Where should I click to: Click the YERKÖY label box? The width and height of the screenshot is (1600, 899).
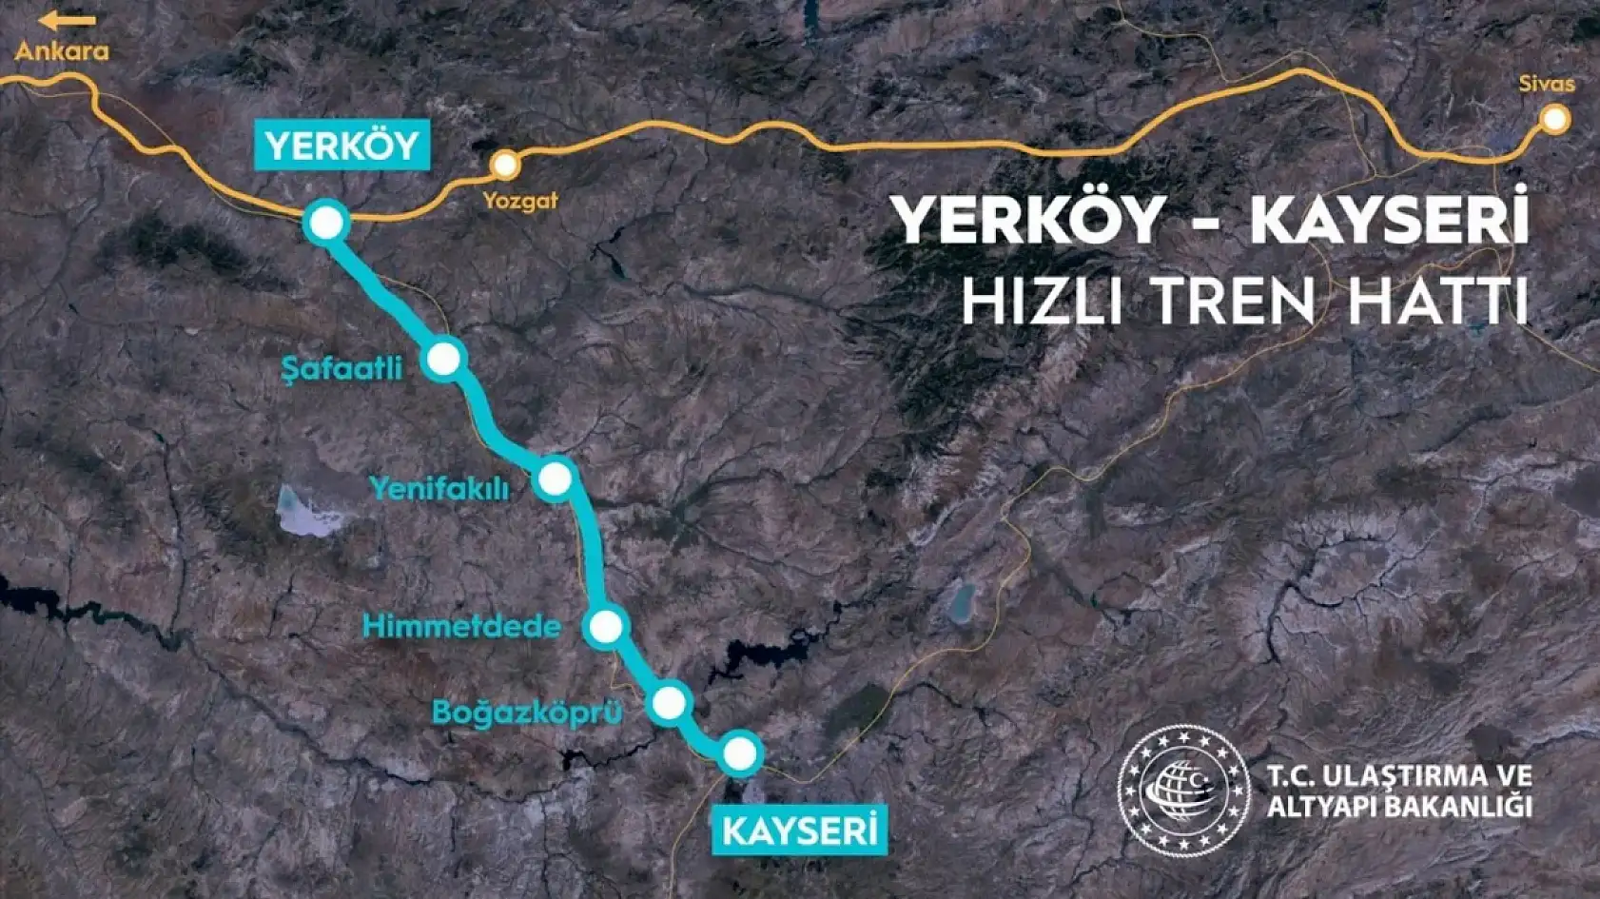click(341, 146)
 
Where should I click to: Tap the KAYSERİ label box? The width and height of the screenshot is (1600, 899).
click(799, 830)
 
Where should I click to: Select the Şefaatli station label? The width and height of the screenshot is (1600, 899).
click(342, 368)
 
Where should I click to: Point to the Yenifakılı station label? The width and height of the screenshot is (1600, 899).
click(439, 488)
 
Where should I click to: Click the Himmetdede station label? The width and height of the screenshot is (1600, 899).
click(461, 626)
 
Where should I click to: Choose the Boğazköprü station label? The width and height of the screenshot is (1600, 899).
click(527, 712)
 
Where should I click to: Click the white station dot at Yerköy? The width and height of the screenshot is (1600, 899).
click(326, 224)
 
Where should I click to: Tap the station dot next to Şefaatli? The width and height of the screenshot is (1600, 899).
click(444, 359)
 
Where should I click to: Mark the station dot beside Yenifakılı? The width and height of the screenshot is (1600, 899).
click(556, 479)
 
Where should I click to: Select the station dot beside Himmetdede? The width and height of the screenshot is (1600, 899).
click(606, 626)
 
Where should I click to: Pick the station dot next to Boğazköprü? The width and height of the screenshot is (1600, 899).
click(670, 703)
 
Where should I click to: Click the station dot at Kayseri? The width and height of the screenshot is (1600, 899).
click(740, 753)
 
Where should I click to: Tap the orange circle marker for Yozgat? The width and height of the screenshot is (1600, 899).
click(505, 165)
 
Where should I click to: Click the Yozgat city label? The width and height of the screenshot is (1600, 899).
click(519, 201)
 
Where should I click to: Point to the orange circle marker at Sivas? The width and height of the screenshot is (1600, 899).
click(1555, 119)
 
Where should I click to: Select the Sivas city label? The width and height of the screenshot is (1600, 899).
click(1547, 84)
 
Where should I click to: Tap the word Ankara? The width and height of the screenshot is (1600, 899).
click(62, 50)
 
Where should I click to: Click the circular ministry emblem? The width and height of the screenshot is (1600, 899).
click(1182, 790)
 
